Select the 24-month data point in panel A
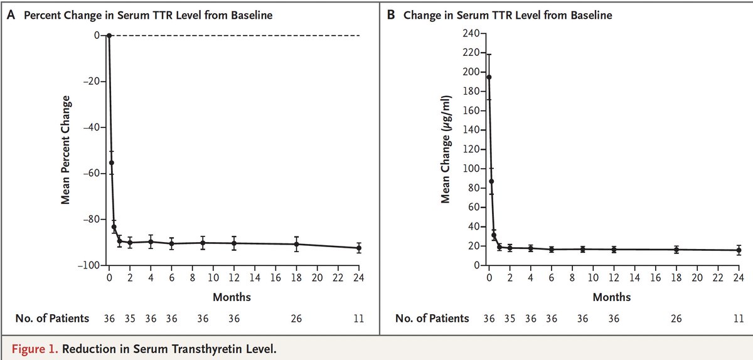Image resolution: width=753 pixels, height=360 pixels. click(x=359, y=248)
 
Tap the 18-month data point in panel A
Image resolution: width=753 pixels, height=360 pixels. click(x=296, y=244)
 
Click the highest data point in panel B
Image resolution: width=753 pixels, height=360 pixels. click(x=489, y=77)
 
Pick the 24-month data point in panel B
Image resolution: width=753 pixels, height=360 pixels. click(x=739, y=250)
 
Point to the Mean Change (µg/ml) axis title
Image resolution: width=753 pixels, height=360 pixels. click(x=446, y=151)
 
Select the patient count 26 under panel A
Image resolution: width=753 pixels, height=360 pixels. click(x=296, y=318)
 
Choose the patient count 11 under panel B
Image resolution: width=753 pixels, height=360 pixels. click(x=739, y=318)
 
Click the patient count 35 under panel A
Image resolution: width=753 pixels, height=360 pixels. click(x=130, y=318)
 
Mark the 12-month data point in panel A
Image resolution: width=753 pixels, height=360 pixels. click(x=234, y=243)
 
